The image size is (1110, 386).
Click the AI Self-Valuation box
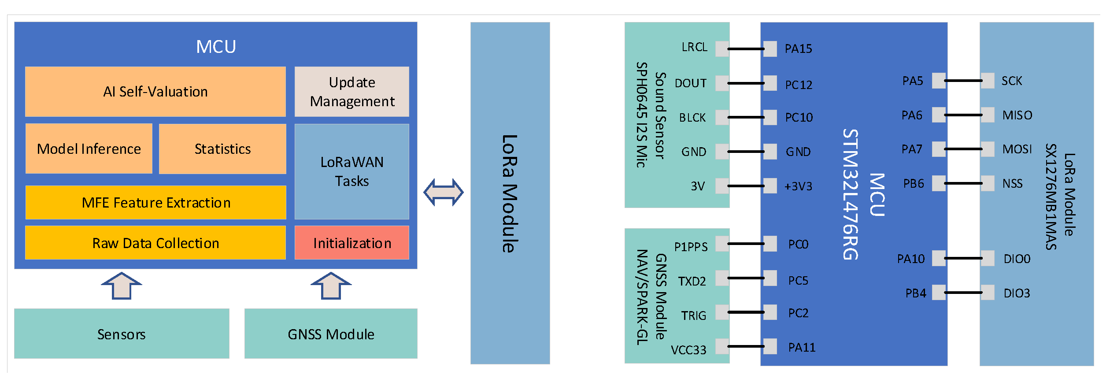tap(155, 92)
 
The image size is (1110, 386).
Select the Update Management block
tap(351, 92)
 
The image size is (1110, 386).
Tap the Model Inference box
tap(89, 149)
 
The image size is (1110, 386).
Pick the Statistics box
tap(222, 149)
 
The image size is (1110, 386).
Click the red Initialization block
tap(351, 243)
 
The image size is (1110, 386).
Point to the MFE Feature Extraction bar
tap(155, 203)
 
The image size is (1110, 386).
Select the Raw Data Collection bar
tap(155, 243)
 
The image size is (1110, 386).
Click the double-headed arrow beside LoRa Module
tap(443, 192)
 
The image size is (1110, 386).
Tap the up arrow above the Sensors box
tap(122, 286)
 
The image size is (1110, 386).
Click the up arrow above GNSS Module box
tap(331, 286)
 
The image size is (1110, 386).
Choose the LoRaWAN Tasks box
tap(351, 171)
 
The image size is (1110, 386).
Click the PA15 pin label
tap(798, 49)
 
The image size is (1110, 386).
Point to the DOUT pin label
tap(690, 83)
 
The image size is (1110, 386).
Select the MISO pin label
tap(1017, 115)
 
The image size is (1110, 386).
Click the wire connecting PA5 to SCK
tap(963, 81)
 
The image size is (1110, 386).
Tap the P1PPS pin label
tap(691, 247)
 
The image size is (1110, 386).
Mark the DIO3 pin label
tap(1017, 293)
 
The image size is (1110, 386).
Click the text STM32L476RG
tap(850, 194)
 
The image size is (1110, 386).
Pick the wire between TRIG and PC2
tap(746, 312)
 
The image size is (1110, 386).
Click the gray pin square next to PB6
tap(939, 183)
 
